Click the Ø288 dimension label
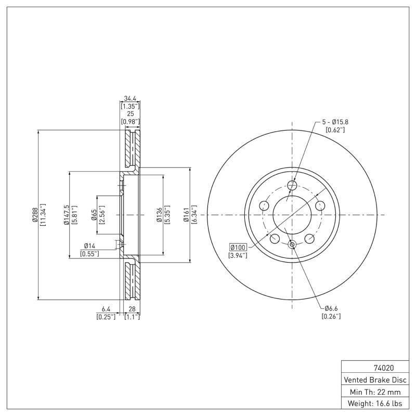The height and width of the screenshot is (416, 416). pos(34,215)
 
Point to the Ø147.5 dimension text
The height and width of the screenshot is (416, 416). pos(66,215)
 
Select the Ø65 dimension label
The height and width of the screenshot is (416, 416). pos(94,215)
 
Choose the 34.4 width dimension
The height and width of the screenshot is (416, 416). pos(130,98)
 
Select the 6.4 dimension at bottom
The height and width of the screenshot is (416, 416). pos(106,308)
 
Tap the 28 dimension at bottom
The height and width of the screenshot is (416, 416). pos(132,308)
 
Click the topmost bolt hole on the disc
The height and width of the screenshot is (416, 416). pos(292,185)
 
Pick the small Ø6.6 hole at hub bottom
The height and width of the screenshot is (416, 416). pos(292,244)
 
